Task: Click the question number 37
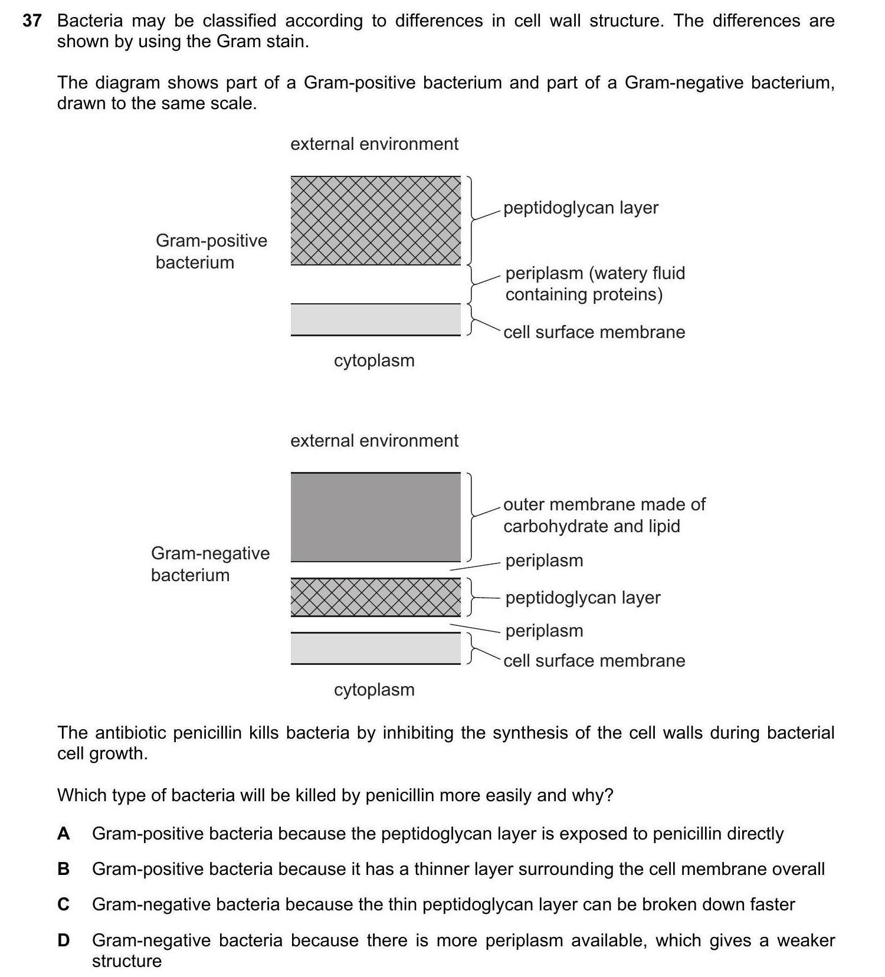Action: tap(32, 21)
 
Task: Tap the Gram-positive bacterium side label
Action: tap(211, 251)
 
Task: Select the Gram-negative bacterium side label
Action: tap(210, 564)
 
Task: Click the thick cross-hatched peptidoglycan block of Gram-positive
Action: tap(375, 221)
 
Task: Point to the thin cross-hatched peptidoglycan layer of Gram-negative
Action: tap(375, 597)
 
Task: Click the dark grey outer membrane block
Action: tap(375, 517)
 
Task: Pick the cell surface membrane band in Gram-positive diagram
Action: tap(375, 319)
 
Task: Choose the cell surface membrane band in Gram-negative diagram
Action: tap(375, 648)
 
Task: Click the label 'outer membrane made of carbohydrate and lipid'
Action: tap(604, 515)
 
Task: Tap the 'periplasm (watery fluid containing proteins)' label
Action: tap(595, 284)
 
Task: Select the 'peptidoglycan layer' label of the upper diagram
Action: tap(581, 208)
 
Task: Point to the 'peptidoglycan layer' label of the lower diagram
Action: tap(583, 598)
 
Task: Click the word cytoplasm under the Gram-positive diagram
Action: tap(374, 360)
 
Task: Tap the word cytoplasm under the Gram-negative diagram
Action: tap(374, 690)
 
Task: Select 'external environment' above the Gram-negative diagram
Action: tap(374, 441)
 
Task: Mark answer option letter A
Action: tap(64, 834)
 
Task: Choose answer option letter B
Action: tap(64, 869)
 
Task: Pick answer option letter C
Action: tap(64, 904)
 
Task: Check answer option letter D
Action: tap(64, 940)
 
